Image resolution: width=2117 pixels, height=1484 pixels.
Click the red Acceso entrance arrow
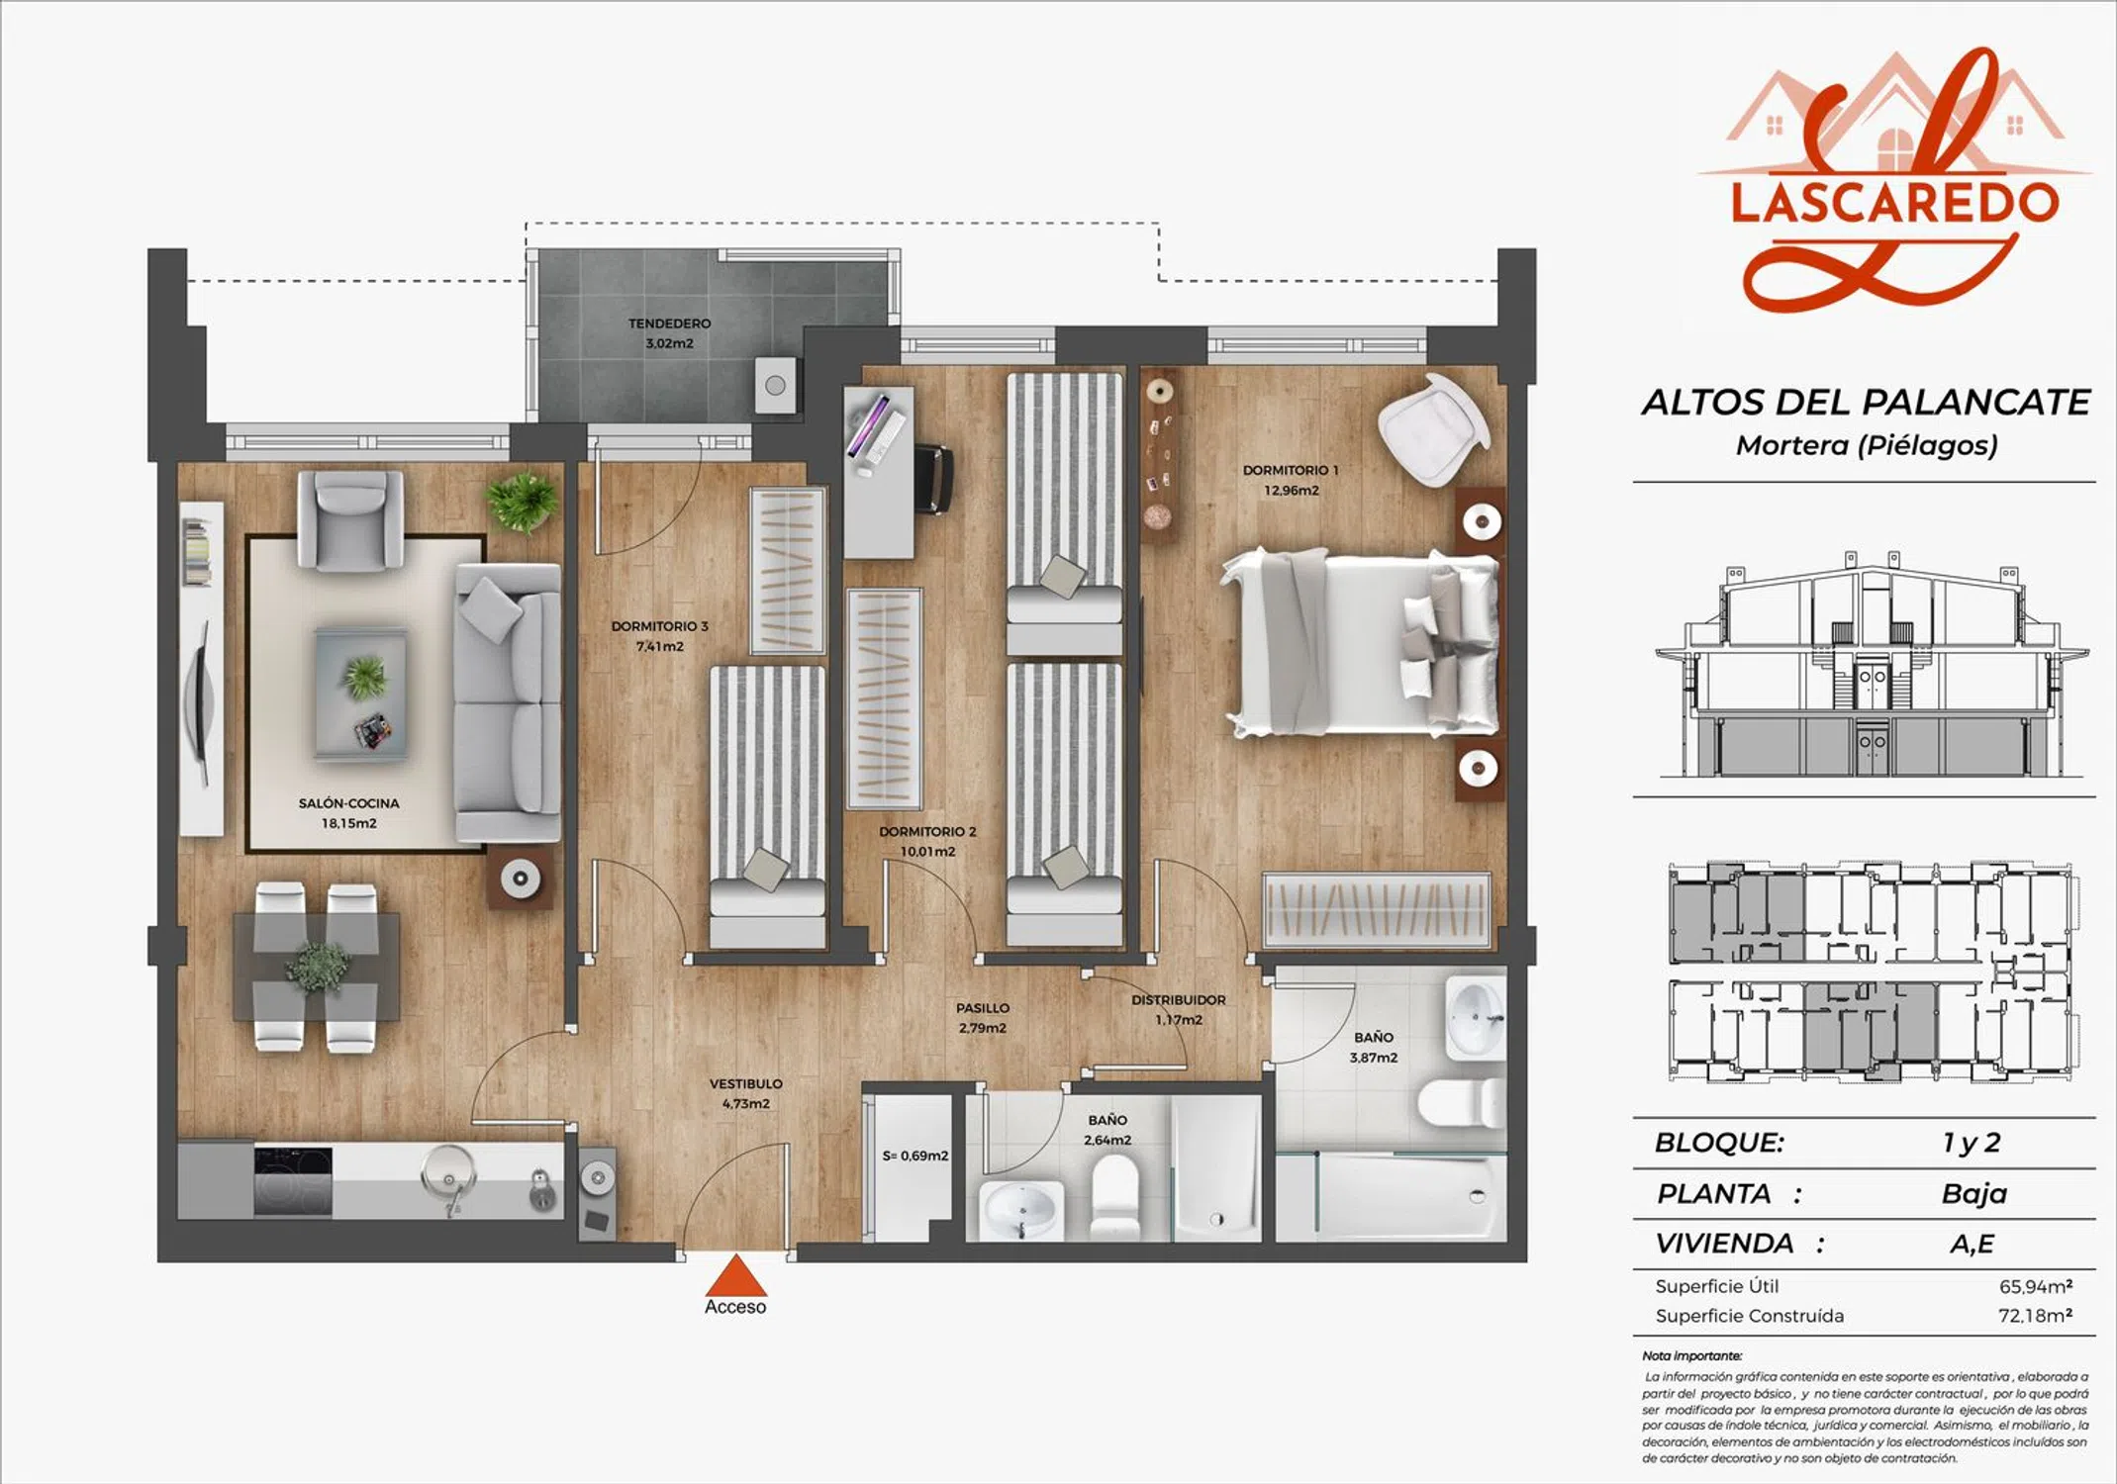pos(735,1276)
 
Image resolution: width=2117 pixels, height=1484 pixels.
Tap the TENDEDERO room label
pos(669,324)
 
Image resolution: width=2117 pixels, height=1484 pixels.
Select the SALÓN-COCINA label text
pos(348,803)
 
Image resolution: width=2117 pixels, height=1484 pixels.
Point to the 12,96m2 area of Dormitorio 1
pos(1291,491)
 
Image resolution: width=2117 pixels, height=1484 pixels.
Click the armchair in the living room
pos(350,518)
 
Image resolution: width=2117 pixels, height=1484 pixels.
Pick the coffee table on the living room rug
pos(361,695)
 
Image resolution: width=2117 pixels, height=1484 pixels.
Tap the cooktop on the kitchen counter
pos(293,1181)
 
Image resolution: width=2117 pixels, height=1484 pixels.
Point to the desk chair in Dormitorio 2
pos(933,480)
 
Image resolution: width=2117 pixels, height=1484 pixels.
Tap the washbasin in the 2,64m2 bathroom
pos(1018,1210)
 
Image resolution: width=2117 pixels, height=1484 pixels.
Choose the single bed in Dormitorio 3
pos(767,806)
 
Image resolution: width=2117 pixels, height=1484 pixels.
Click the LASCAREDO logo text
pos(1894,201)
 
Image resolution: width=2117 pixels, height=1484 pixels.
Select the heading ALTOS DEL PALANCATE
pos(1866,403)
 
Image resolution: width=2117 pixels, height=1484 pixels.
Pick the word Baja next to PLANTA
pos(1974,1193)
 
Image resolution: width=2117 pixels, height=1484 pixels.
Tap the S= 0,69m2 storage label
pos(915,1156)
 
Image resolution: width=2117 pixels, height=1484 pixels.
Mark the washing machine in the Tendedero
pos(775,385)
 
